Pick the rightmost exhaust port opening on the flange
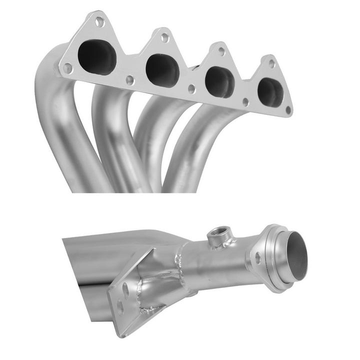pyautogui.click(x=270, y=91)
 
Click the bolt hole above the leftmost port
pyautogui.click(x=99, y=21)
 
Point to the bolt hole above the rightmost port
pyautogui.click(x=271, y=63)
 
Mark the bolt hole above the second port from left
pyautogui.click(x=164, y=36)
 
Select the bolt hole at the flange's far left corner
pyautogui.click(x=67, y=67)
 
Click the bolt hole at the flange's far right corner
pyautogui.click(x=288, y=109)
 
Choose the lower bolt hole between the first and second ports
pyautogui.click(x=130, y=79)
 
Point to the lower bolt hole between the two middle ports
pyautogui.click(x=191, y=89)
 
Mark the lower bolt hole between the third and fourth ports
pyautogui.click(x=245, y=101)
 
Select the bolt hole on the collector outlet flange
pyautogui.click(x=258, y=258)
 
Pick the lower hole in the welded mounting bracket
pyautogui.click(x=120, y=306)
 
